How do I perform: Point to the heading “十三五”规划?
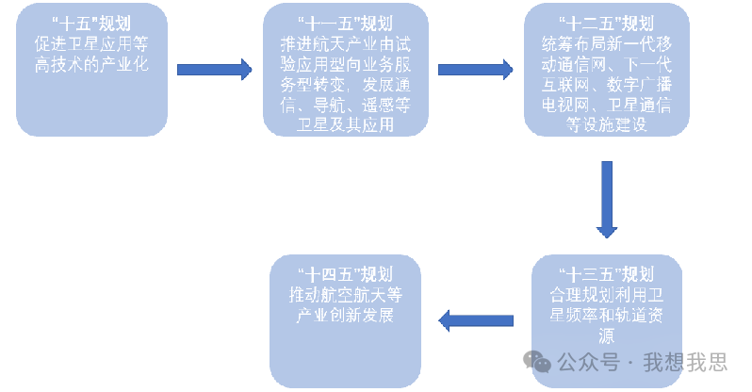point(605,274)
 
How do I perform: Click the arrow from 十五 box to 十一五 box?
point(215,68)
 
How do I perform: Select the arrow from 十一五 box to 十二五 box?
point(475,68)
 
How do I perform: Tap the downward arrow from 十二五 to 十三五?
point(607,199)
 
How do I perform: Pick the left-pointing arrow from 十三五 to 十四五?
point(476,321)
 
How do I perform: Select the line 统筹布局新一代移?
point(605,45)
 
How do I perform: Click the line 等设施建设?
point(605,126)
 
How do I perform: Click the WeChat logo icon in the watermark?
point(539,362)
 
